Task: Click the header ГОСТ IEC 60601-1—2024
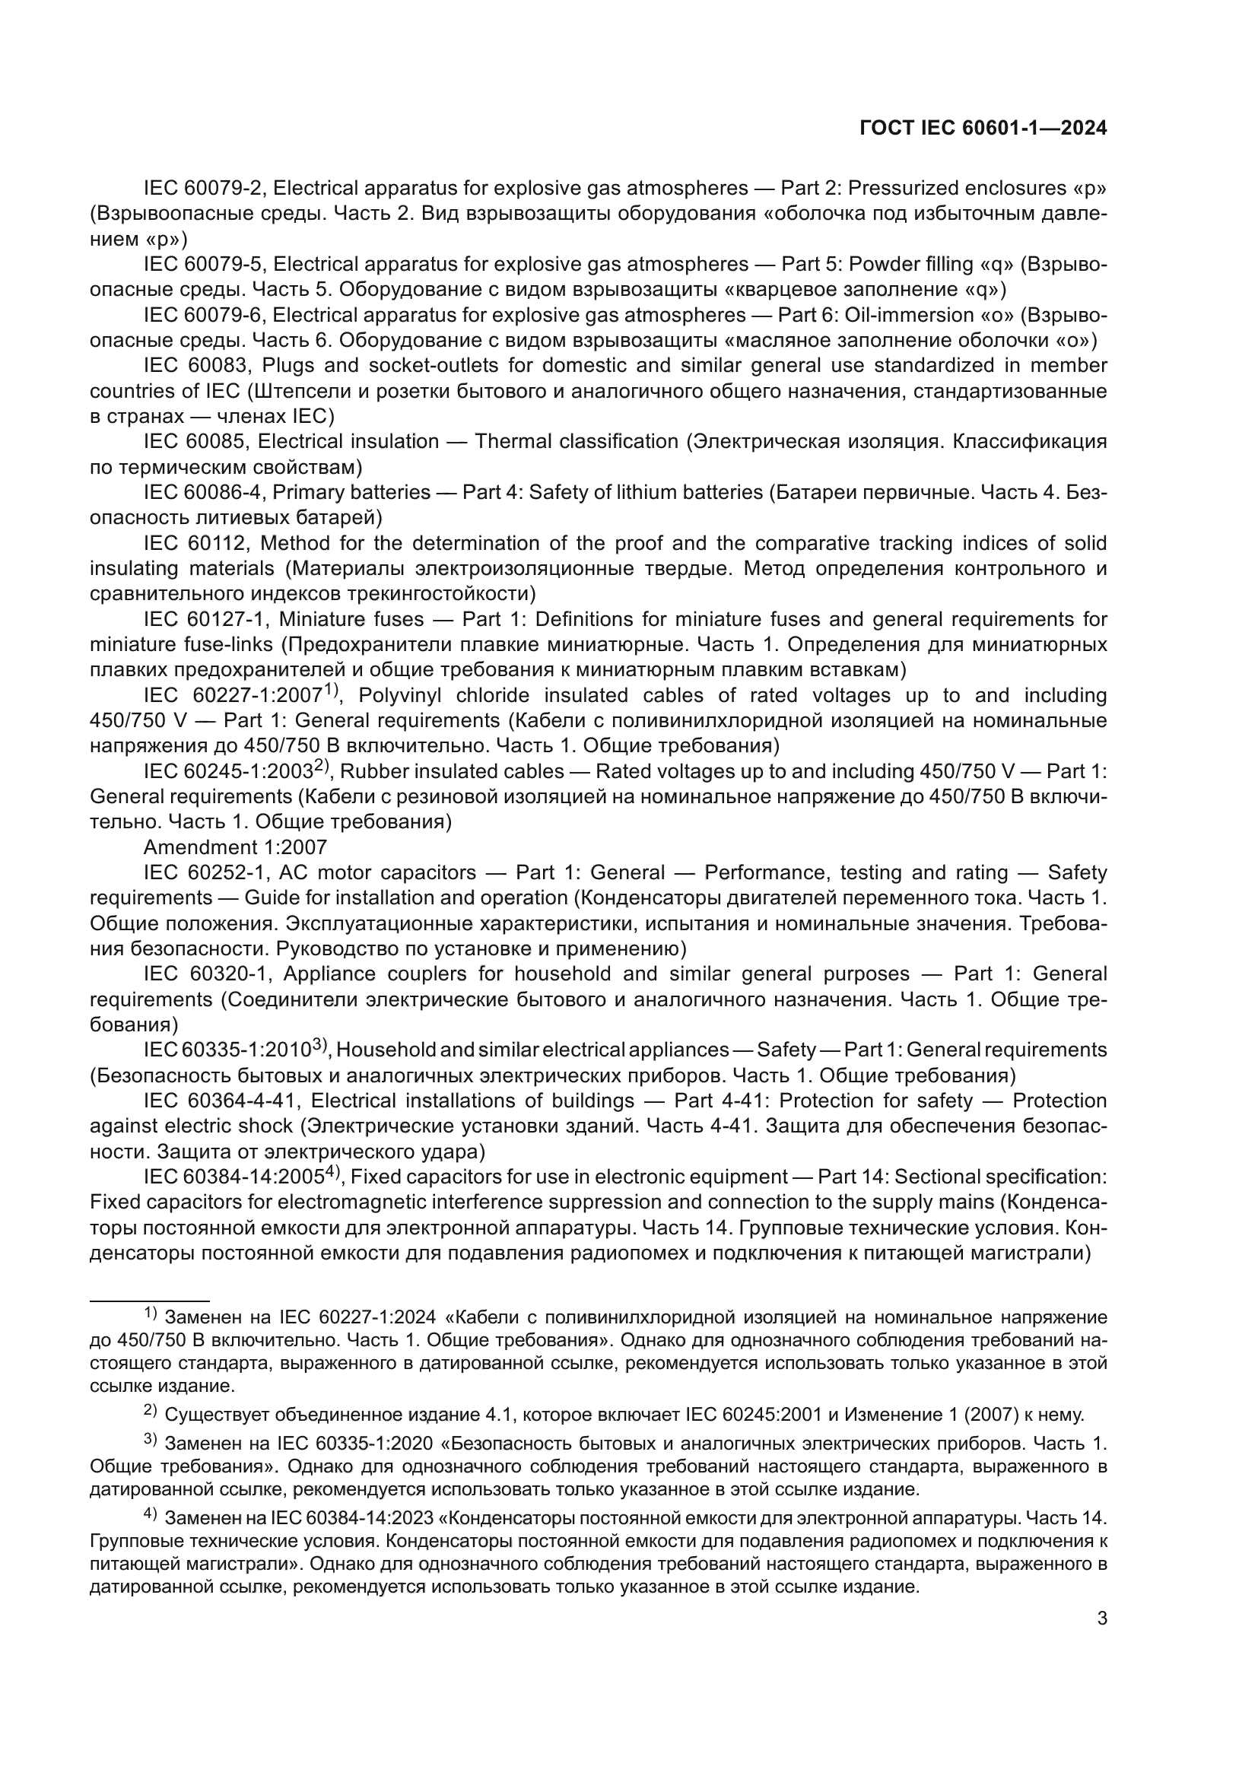tap(983, 129)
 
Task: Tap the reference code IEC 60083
tap(195, 366)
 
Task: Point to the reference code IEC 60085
tap(194, 442)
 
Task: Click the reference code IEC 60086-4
tap(203, 493)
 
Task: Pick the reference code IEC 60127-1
tap(205, 619)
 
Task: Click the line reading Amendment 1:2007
tap(235, 847)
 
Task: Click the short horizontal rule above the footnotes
tap(150, 1301)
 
